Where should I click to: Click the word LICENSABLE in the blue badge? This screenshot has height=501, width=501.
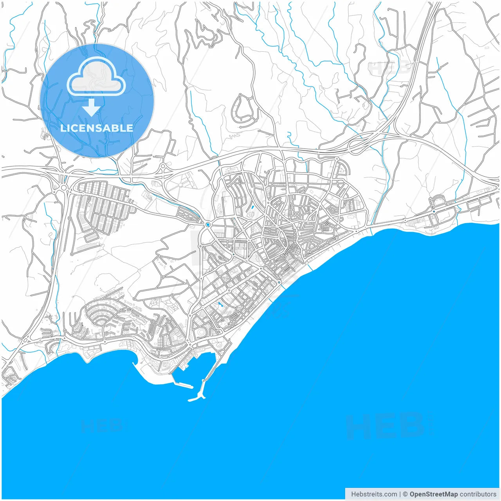(x=97, y=128)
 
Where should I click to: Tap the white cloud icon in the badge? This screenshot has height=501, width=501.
(x=96, y=77)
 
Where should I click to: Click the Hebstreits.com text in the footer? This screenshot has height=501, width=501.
(x=373, y=494)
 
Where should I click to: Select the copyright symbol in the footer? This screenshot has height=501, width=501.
(x=405, y=494)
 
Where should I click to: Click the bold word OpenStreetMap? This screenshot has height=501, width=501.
(x=434, y=494)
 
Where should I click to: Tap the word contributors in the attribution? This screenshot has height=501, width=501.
(x=478, y=494)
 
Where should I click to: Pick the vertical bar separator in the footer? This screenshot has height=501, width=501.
(x=400, y=494)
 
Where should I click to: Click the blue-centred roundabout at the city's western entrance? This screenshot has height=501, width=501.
(x=208, y=225)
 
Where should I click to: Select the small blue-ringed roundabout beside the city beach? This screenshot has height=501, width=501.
(x=279, y=282)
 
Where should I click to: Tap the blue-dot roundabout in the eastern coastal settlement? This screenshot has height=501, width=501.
(x=434, y=212)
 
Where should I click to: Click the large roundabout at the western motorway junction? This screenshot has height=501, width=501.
(x=63, y=187)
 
